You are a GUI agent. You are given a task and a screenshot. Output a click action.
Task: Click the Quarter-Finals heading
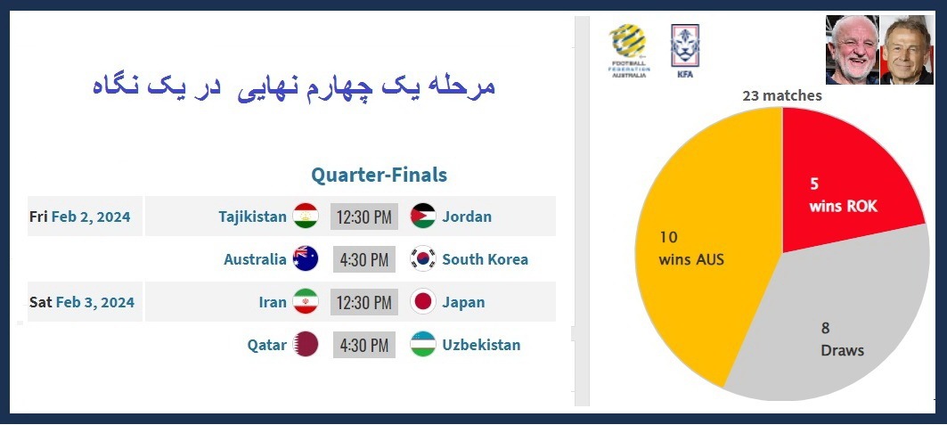[x=379, y=175]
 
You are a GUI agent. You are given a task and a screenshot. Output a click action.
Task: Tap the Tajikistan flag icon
[x=306, y=217]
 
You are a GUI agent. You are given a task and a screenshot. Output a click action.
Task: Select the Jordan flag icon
[x=423, y=217]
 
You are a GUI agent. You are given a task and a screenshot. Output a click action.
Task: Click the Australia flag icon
[x=306, y=259]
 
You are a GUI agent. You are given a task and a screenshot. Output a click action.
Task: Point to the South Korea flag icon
[x=423, y=259]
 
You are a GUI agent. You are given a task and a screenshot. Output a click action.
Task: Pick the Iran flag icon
[x=306, y=302]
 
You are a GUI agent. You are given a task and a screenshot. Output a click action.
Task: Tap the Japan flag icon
[x=423, y=302]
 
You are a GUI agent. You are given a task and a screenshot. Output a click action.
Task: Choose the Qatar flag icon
[x=306, y=345]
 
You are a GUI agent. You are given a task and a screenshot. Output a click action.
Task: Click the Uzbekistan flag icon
[x=423, y=345]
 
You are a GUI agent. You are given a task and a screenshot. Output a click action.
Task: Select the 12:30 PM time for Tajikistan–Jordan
[x=363, y=217]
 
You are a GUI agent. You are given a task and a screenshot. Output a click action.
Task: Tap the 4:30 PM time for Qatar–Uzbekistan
[x=363, y=345]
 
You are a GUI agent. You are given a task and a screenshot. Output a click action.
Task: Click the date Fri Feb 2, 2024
[x=80, y=217]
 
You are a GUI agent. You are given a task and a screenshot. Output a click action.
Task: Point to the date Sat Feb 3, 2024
[x=82, y=302]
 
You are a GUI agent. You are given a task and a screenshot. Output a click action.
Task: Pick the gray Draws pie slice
[x=829, y=330]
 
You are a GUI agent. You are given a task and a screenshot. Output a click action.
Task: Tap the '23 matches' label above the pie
[x=782, y=95]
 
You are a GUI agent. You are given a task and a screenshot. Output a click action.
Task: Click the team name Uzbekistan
[x=481, y=345]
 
